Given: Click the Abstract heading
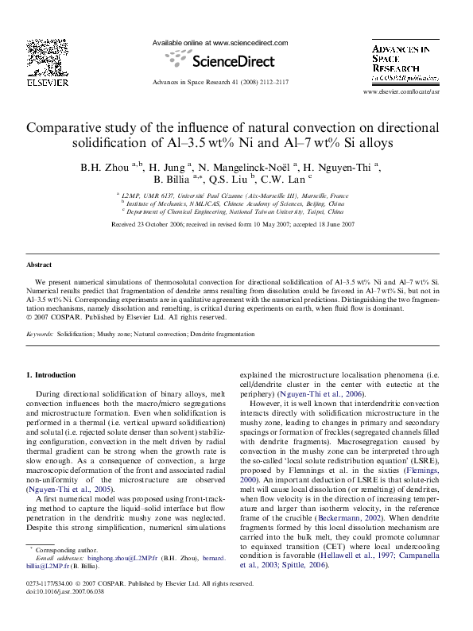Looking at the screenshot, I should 39,265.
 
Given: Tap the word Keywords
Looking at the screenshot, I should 40,335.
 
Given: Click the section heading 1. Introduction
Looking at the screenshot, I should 52,374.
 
